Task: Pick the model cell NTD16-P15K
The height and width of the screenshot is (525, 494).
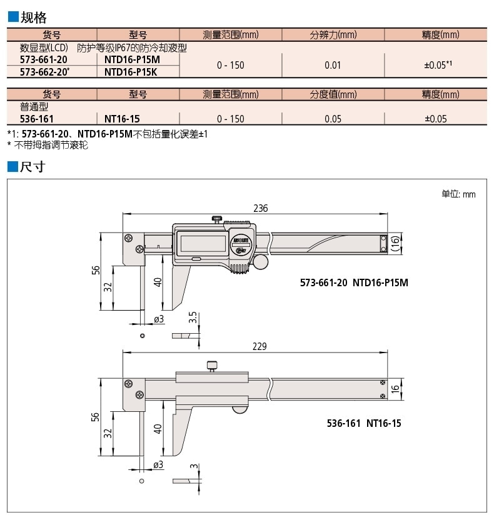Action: click(x=131, y=72)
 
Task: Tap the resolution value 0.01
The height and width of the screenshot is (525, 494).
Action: click(x=333, y=65)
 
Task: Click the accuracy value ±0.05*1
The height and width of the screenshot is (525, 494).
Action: click(x=438, y=65)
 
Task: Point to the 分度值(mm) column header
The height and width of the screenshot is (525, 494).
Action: click(x=333, y=95)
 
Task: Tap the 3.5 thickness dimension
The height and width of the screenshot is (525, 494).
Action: click(x=193, y=317)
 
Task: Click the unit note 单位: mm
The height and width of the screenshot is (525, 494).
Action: click(x=458, y=194)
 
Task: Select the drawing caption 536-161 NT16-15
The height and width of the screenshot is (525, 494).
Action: click(x=363, y=424)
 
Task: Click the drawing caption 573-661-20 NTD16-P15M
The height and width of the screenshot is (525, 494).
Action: click(x=354, y=282)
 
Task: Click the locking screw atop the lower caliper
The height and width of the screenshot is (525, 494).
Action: click(x=213, y=366)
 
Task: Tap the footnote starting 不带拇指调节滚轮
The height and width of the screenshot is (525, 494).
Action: click(x=49, y=145)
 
